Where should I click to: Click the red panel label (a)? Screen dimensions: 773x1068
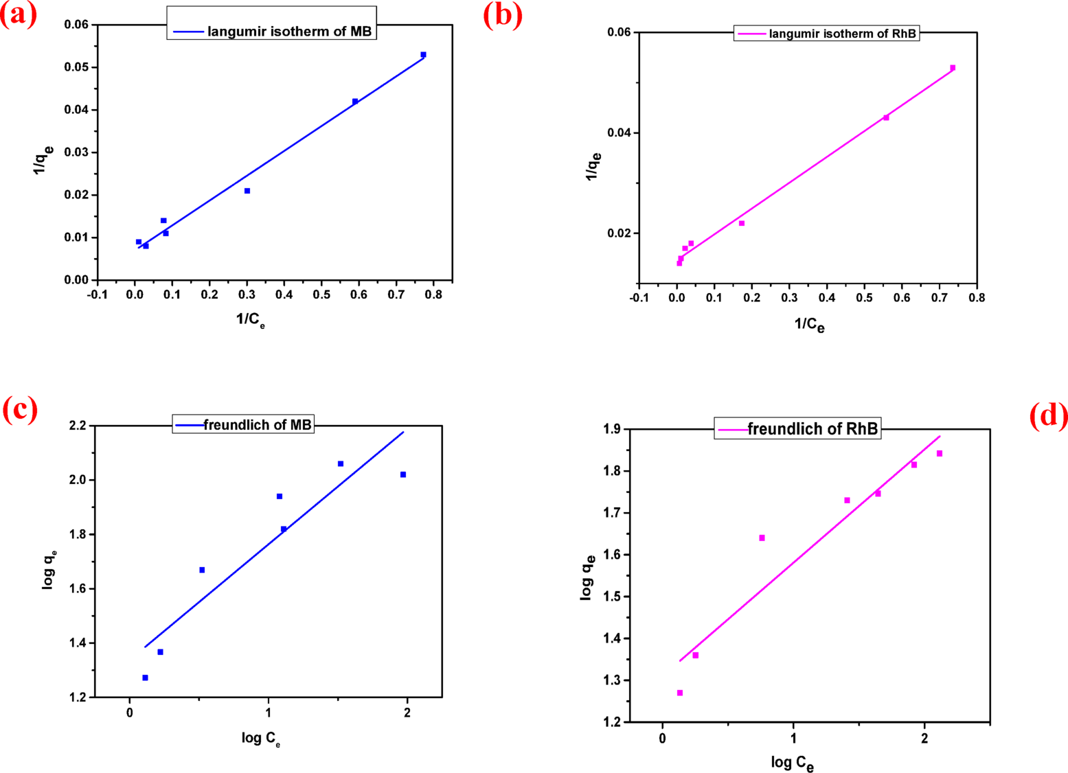click(x=19, y=15)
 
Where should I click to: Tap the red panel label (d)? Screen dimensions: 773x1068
click(x=1048, y=415)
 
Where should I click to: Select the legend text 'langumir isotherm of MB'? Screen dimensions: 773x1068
click(x=289, y=32)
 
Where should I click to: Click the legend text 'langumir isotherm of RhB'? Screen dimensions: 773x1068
click(x=842, y=34)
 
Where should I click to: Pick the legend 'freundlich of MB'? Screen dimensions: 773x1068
click(x=258, y=425)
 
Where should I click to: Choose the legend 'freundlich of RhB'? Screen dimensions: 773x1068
click(x=813, y=429)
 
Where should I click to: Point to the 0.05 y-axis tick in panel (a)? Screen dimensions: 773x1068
click(x=76, y=67)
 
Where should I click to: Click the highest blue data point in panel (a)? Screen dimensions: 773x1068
click(x=423, y=55)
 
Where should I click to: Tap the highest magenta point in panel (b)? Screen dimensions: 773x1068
click(x=953, y=68)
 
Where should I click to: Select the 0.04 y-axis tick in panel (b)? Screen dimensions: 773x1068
click(x=619, y=133)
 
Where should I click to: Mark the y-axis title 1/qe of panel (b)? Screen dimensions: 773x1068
click(x=593, y=166)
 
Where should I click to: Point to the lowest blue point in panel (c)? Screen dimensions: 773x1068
click(x=145, y=678)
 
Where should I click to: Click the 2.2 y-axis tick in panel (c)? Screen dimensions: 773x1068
click(x=77, y=426)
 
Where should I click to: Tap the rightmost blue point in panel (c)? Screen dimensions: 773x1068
click(x=403, y=474)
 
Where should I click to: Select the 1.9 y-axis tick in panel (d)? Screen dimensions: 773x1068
click(x=611, y=429)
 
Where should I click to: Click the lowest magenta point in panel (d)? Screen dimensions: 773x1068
click(x=680, y=693)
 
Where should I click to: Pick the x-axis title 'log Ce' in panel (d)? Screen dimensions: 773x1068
click(x=793, y=762)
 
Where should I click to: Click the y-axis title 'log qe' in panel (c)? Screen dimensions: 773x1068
click(x=49, y=569)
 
